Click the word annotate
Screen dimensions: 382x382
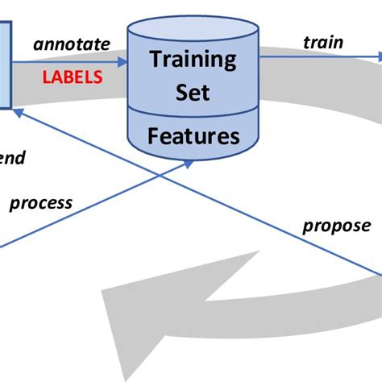pyautogui.click(x=71, y=44)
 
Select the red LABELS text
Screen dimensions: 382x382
pyautogui.click(x=73, y=77)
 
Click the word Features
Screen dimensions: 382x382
pyautogui.click(x=193, y=136)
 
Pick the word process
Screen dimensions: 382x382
pyautogui.click(x=40, y=203)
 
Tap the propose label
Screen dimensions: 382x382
pyautogui.click(x=337, y=225)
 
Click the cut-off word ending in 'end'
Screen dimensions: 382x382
pyautogui.click(x=12, y=158)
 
